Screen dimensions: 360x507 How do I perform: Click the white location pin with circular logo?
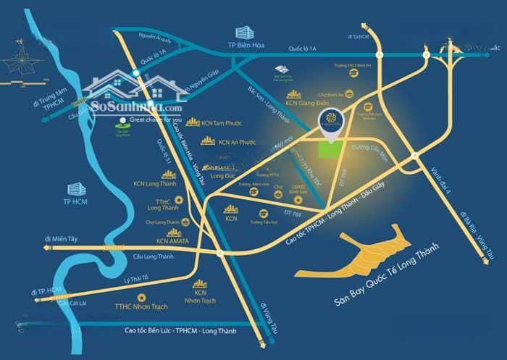[333, 122]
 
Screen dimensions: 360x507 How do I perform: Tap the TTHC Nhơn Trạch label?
[141, 306]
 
